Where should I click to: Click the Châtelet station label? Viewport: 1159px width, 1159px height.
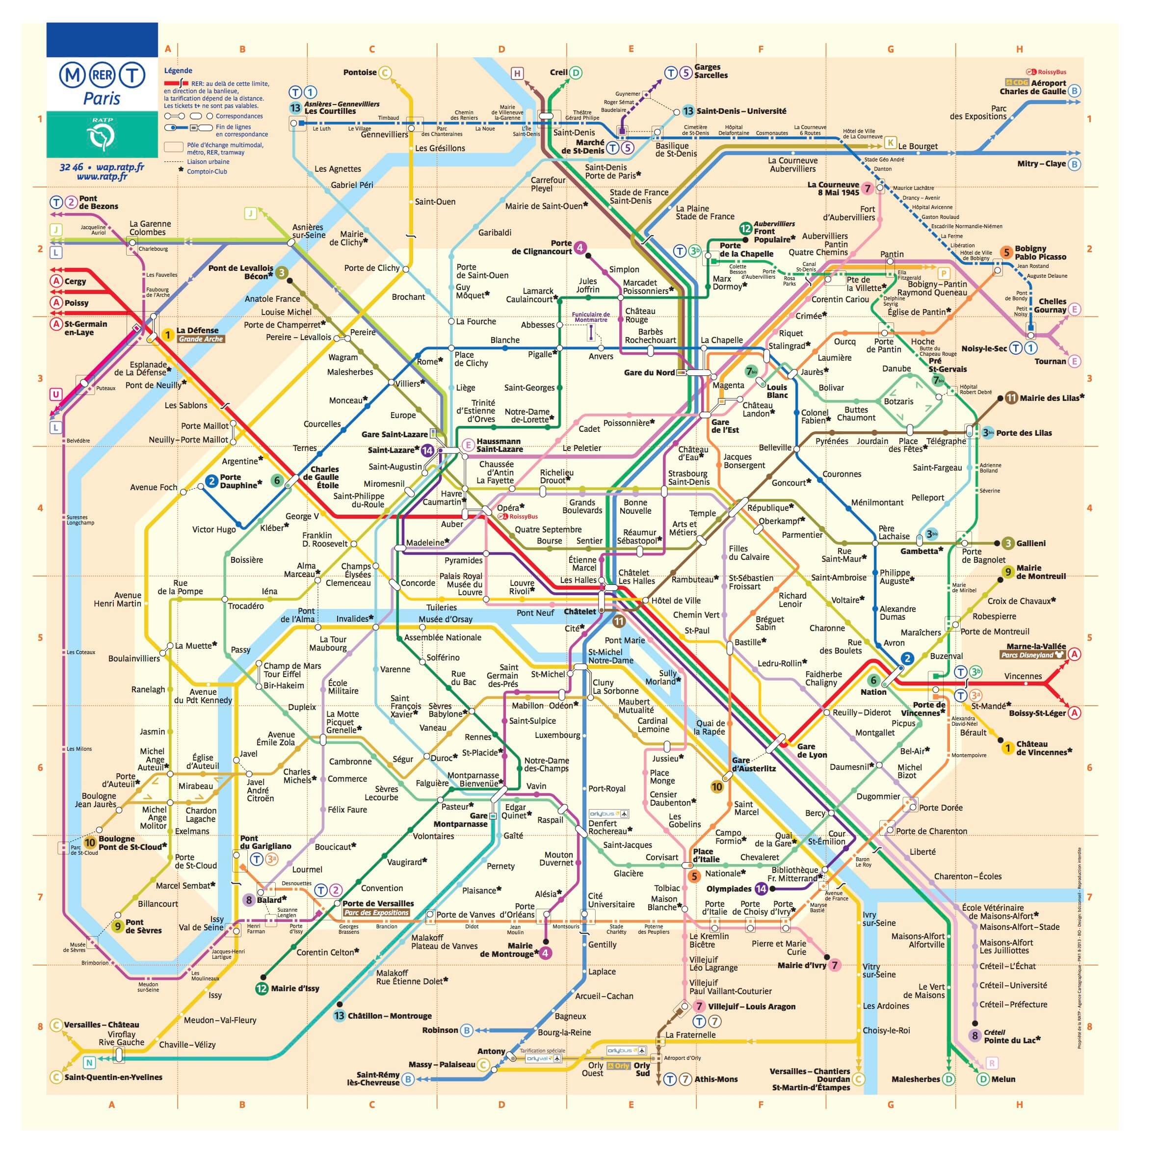coord(579,611)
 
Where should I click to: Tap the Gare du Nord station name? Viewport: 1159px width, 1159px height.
coord(649,372)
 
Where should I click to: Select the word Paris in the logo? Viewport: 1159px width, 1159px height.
coord(102,99)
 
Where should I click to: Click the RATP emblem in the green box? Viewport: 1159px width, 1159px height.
coord(102,137)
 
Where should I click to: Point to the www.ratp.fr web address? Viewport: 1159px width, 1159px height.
coord(102,176)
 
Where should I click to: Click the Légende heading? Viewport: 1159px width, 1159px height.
coord(178,71)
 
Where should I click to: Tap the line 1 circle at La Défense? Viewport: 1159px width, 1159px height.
coord(168,335)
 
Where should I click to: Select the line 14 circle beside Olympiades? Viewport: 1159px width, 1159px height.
coord(761,889)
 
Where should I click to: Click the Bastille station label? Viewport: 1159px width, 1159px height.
coord(747,642)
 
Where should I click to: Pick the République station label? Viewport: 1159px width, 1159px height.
coord(768,507)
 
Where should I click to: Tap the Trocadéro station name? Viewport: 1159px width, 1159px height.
coord(246,606)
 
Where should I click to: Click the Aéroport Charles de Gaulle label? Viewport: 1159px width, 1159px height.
coord(1032,87)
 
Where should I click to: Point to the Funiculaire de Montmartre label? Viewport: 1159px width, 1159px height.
coord(590,317)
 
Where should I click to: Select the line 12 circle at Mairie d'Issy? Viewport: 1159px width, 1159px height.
coord(262,988)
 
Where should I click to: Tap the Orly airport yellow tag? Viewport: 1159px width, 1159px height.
coord(618,1065)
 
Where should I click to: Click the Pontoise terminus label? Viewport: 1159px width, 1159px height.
coord(360,73)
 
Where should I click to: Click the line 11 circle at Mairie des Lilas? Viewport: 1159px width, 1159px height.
coord(1011,398)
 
